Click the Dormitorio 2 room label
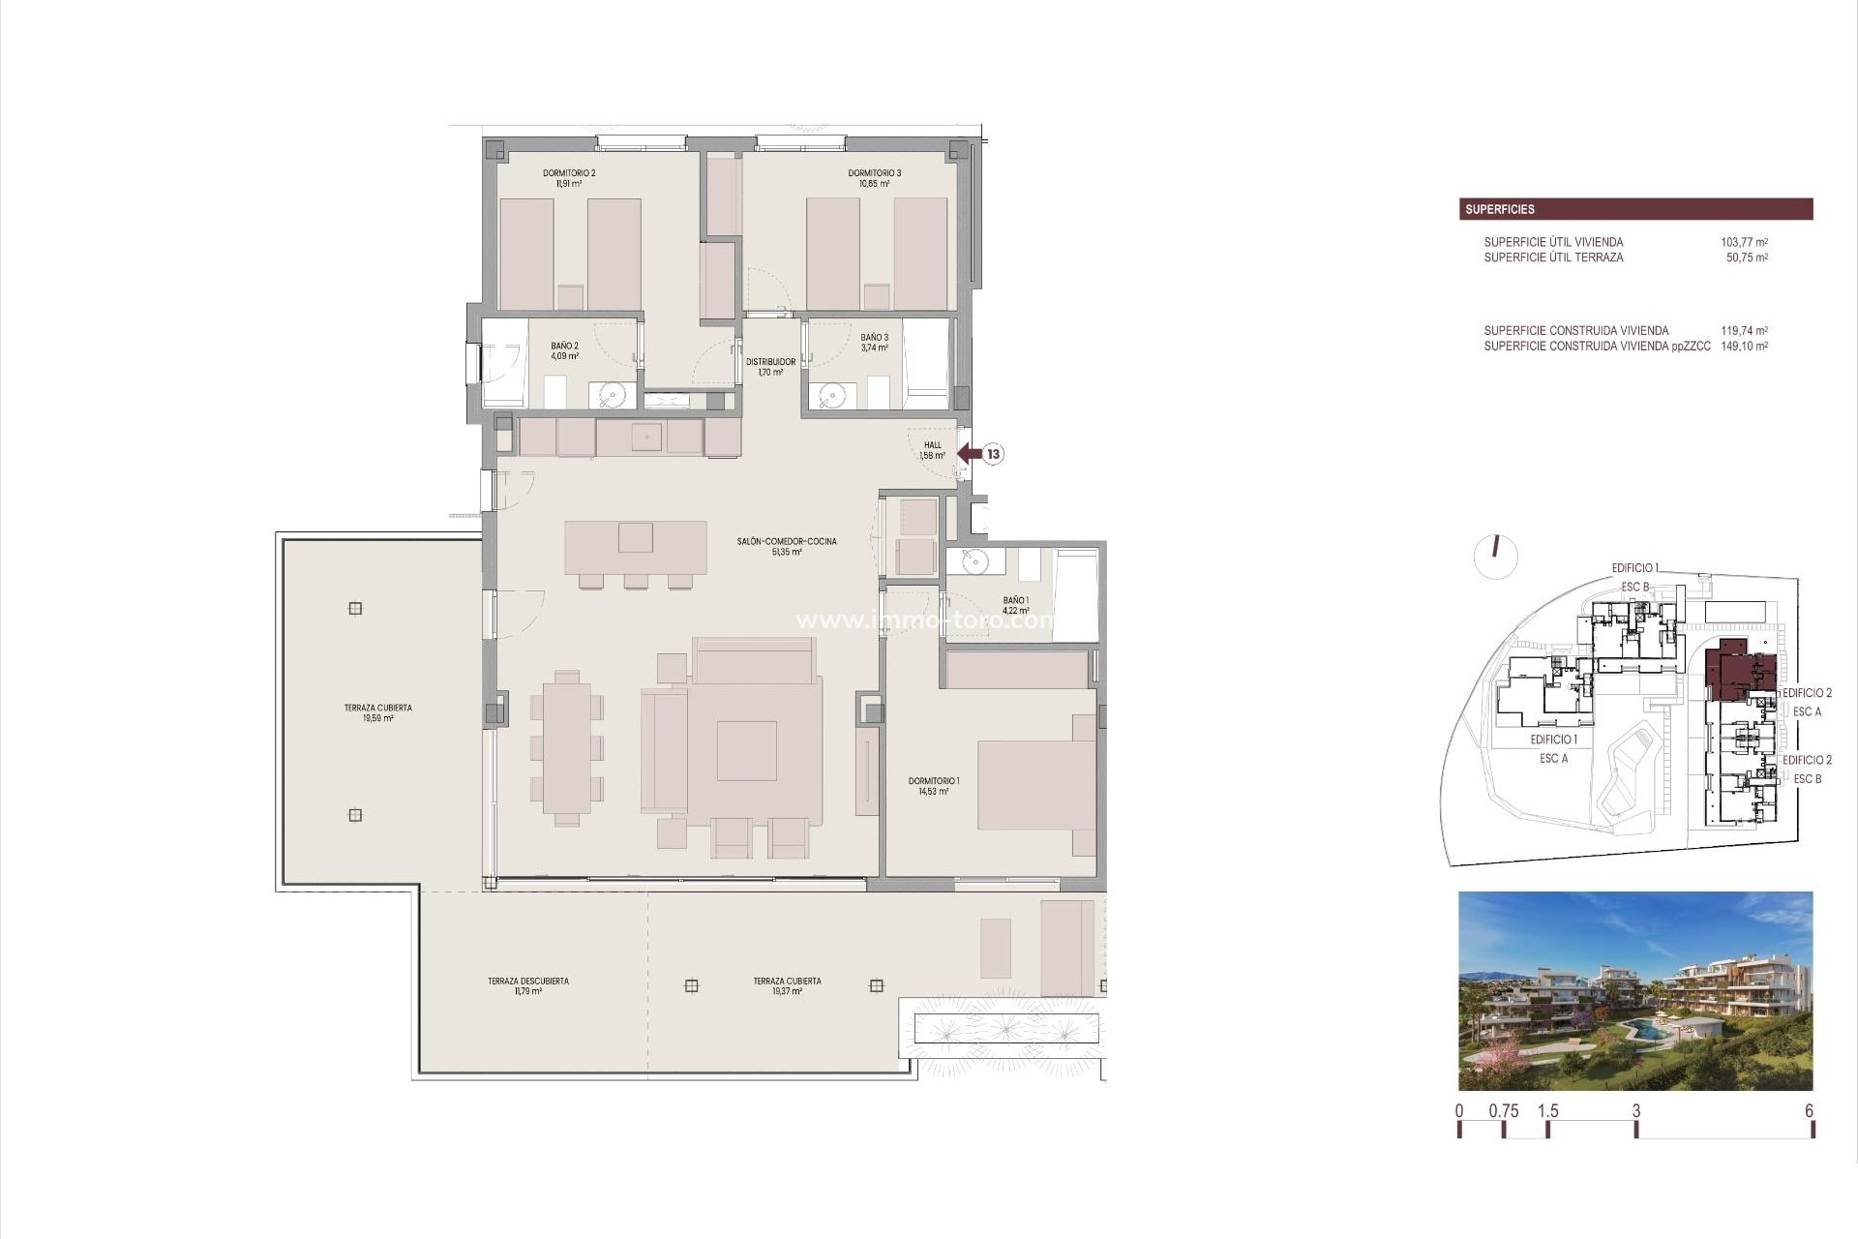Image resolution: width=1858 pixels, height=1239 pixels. click(569, 178)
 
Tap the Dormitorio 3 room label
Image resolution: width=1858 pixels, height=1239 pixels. click(874, 178)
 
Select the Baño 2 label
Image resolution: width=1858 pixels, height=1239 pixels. click(565, 350)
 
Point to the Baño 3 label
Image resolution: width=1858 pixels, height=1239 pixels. click(874, 343)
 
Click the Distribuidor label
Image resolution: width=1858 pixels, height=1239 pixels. click(770, 367)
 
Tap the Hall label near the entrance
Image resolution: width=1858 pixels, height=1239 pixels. click(932, 450)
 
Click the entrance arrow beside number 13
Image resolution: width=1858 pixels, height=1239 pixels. click(969, 453)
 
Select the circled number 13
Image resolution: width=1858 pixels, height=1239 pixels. click(993, 453)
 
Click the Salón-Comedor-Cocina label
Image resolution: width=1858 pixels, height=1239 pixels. click(787, 546)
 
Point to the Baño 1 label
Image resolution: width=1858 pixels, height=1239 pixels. click(1015, 605)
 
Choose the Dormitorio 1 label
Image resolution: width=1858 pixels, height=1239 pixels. click(934, 786)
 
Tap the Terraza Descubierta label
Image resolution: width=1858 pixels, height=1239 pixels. click(528, 985)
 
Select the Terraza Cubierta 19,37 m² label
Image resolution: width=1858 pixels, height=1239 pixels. click(787, 985)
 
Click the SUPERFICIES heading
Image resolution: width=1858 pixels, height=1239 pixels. click(1499, 209)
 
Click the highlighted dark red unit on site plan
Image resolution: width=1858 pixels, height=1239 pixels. click(1732, 670)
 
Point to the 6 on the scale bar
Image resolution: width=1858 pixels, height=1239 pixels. click(1809, 1111)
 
